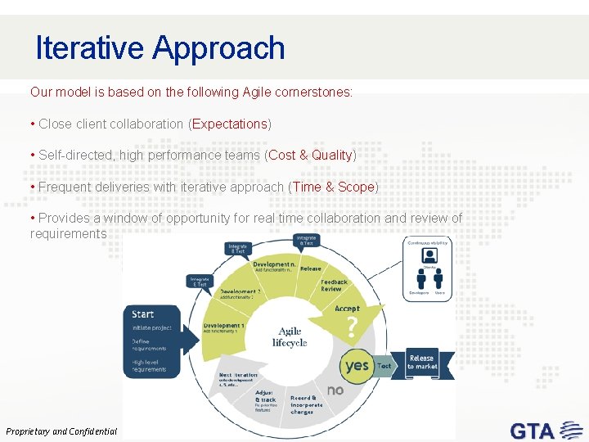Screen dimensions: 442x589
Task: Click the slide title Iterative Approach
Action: click(x=160, y=48)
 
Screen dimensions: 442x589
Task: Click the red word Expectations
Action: click(x=230, y=124)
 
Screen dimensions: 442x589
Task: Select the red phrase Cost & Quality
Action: click(x=310, y=155)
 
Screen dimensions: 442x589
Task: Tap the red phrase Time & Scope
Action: click(x=333, y=187)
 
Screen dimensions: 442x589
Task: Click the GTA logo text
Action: click(x=532, y=430)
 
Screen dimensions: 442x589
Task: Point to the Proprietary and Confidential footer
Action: click(x=61, y=431)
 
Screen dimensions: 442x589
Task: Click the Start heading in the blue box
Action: click(x=143, y=313)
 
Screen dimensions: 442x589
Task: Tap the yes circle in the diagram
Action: click(x=357, y=365)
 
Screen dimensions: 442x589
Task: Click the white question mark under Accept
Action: click(x=351, y=328)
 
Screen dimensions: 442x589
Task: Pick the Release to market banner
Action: click(x=421, y=362)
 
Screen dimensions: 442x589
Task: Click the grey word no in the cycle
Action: click(x=335, y=390)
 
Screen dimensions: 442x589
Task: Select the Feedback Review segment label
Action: click(x=333, y=285)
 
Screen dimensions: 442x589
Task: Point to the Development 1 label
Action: click(x=222, y=327)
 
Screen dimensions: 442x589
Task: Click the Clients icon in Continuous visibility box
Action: click(x=428, y=257)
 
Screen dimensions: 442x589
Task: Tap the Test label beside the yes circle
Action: click(x=384, y=366)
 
